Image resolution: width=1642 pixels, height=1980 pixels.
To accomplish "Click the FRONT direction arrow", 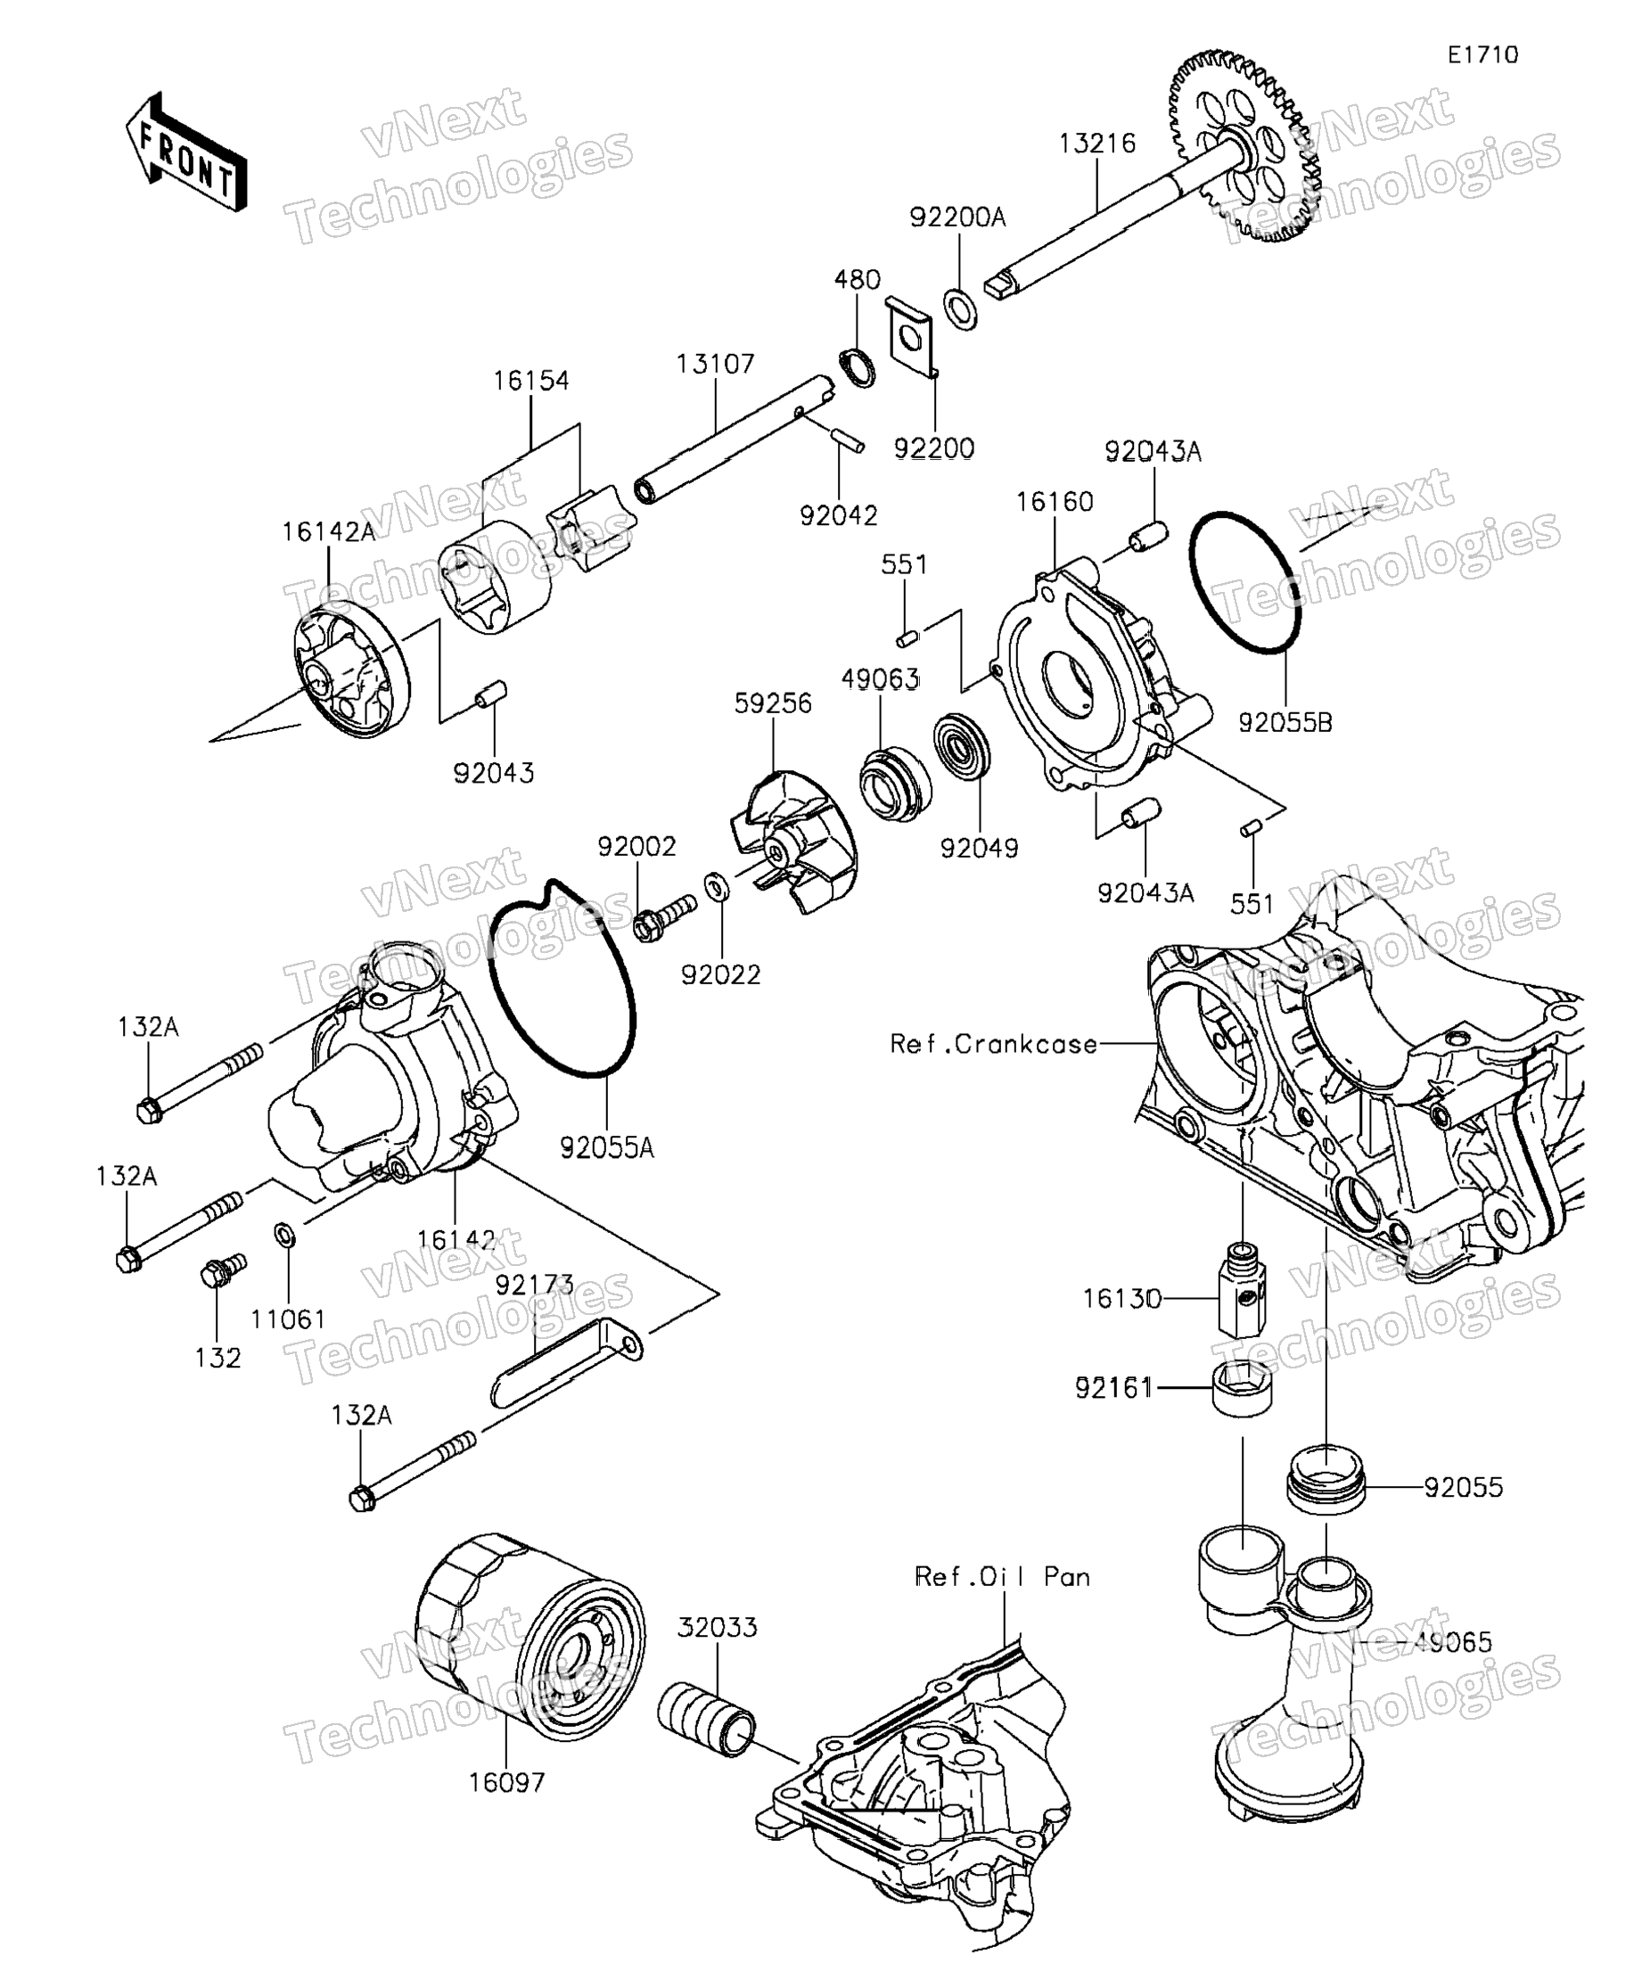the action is [x=186, y=152].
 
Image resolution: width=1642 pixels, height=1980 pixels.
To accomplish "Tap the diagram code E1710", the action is [x=1482, y=55].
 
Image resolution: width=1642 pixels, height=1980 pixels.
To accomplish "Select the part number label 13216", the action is [x=1097, y=144].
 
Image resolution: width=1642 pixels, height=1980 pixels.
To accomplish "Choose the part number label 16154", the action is [x=530, y=381].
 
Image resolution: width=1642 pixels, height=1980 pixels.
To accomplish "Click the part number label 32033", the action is [x=718, y=1627].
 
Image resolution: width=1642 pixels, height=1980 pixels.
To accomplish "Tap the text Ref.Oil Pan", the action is [x=1002, y=1576].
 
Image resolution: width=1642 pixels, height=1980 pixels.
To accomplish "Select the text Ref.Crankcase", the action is [x=995, y=1045].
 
